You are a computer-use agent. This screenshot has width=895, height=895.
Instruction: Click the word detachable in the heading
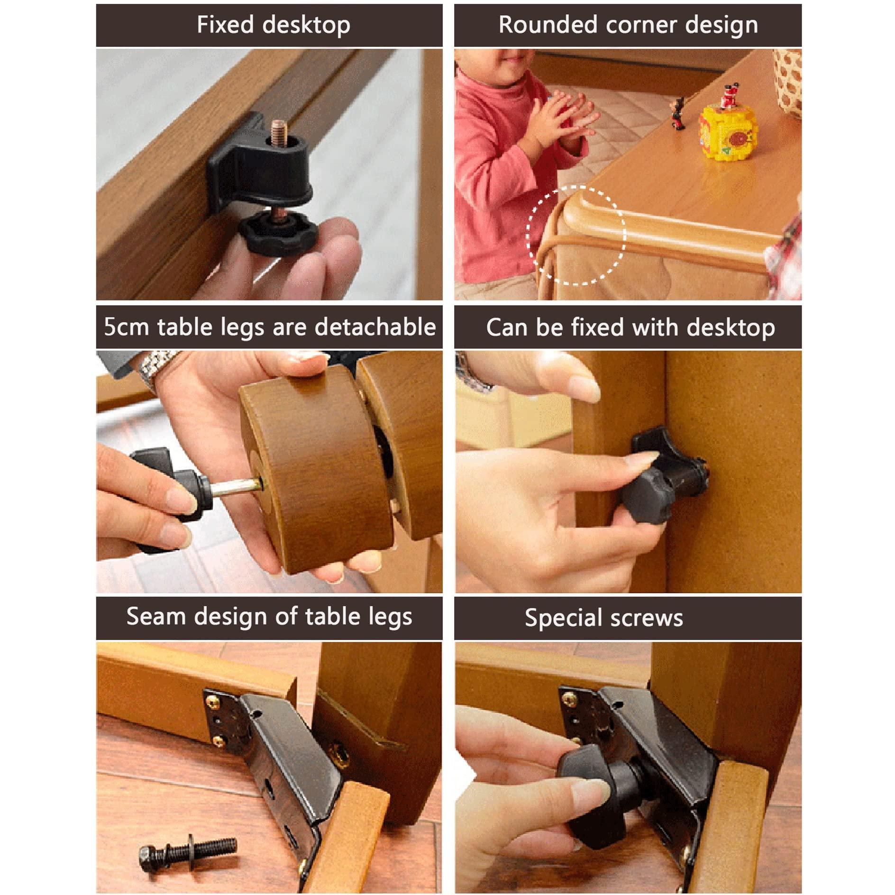coord(375,327)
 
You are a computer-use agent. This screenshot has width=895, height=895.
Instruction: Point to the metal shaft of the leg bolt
coord(236,487)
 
